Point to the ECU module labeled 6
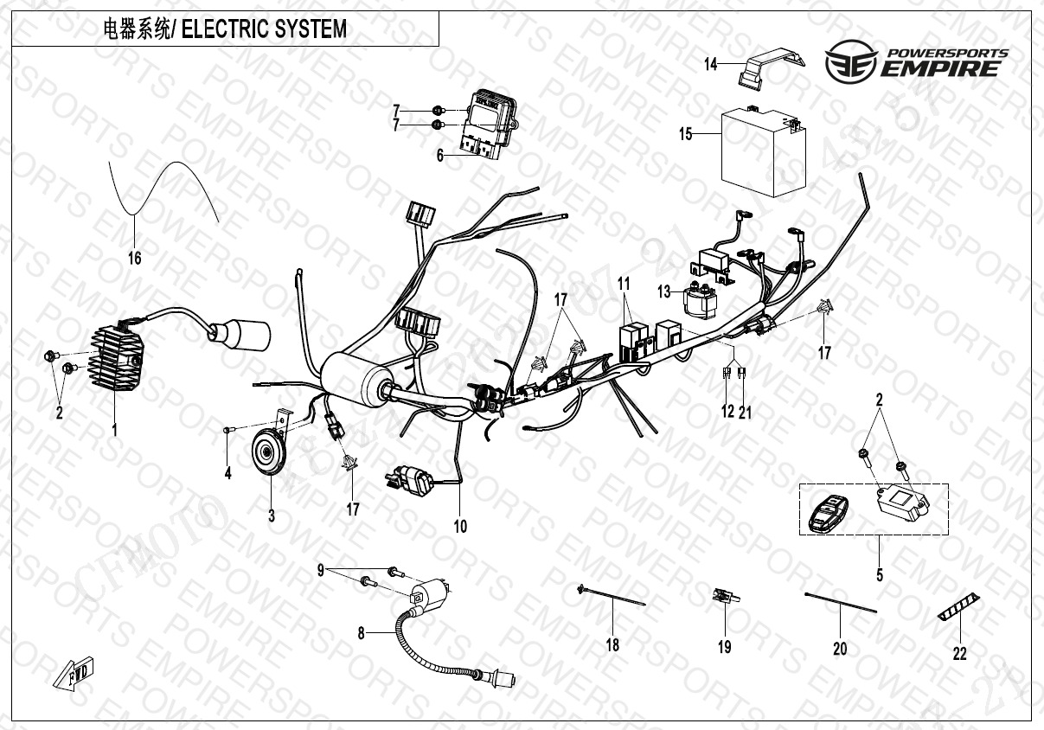pos(487,121)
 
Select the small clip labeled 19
pos(723,596)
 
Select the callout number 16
pos(134,258)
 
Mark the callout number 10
pos(460,526)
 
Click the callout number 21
pos(745,413)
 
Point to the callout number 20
pos(840,648)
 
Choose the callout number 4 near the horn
pos(228,474)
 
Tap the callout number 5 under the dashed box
pos(880,573)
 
